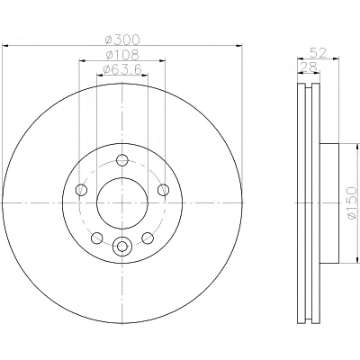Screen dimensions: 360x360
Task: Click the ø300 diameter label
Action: tap(123, 40)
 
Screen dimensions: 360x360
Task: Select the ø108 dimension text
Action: tap(123, 55)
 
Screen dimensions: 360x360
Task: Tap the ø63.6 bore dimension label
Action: tap(122, 70)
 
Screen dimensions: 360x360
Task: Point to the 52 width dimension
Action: tap(318, 53)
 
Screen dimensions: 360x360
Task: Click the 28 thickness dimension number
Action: tap(309, 67)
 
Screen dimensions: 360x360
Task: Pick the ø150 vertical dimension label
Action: tap(352, 202)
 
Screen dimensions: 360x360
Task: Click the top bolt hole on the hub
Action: tap(122, 160)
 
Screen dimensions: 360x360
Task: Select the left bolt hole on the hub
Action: tap(81, 190)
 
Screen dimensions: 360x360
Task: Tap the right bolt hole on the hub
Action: tap(163, 190)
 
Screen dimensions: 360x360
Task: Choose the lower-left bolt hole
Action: tap(97, 238)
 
